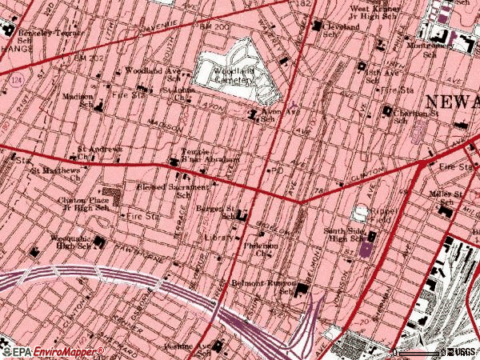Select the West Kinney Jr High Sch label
point(377,13)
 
